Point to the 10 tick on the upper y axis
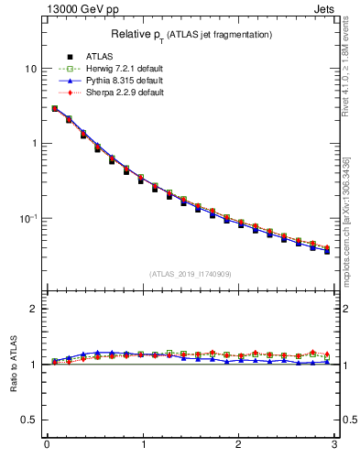coord(30,69)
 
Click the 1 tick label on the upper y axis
coord(33,144)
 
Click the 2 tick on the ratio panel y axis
coord(33,309)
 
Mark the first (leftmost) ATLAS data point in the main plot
coord(55,108)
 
